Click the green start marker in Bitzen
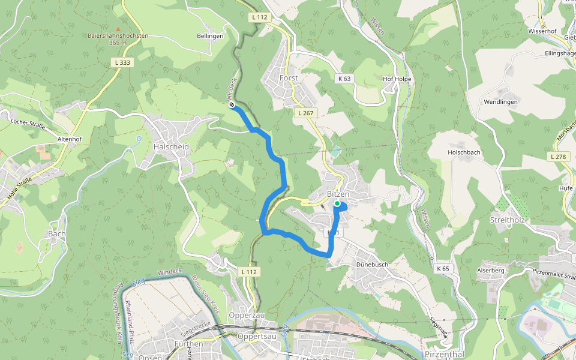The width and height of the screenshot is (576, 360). [337, 204]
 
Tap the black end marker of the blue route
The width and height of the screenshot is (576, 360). [232, 105]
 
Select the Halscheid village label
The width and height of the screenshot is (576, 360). [171, 147]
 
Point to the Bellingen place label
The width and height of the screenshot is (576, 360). [210, 36]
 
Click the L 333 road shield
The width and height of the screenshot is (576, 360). [122, 62]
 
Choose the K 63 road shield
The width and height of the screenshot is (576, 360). [344, 78]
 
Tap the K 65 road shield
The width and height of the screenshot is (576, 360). [443, 269]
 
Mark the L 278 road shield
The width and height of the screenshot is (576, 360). [557, 157]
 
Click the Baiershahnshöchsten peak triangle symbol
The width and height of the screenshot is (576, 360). [118, 28]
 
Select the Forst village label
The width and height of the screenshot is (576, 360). [289, 78]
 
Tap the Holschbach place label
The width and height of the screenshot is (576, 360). [464, 152]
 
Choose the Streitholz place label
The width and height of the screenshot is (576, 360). [508, 220]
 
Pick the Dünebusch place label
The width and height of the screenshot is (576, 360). [373, 263]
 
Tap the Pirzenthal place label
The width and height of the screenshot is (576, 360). [444, 355]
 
